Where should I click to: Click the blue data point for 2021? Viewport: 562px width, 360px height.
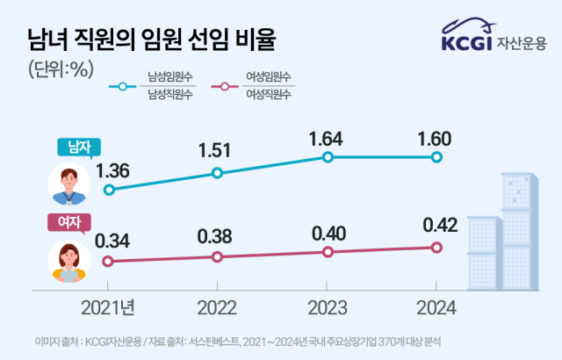109,189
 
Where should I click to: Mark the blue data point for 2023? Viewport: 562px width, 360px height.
328,157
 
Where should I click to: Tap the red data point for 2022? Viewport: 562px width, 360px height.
218,256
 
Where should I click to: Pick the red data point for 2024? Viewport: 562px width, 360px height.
436,248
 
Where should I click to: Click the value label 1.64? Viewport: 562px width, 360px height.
328,138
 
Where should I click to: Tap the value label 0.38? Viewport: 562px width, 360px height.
218,236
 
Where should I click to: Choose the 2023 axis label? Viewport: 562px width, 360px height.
328,308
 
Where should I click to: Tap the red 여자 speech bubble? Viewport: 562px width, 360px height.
68,223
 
